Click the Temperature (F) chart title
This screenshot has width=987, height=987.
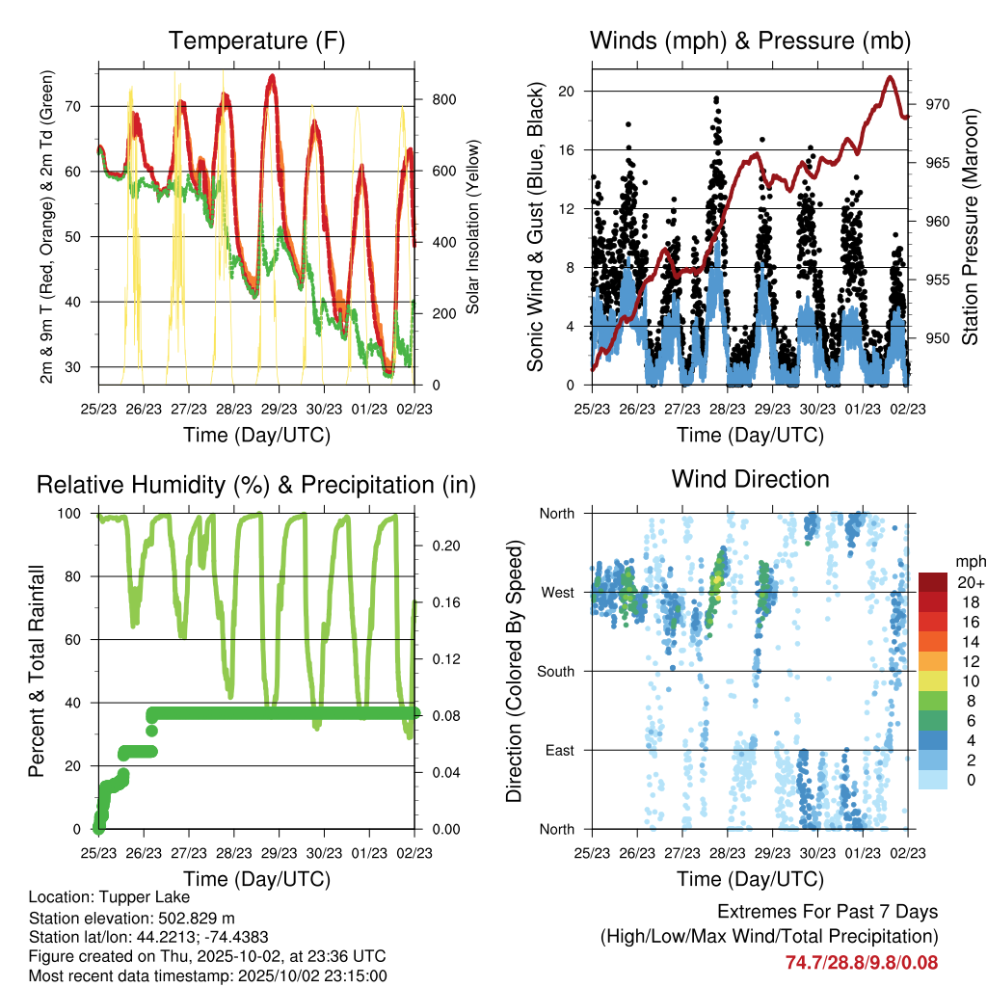256,41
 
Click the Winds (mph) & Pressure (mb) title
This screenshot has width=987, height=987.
751,41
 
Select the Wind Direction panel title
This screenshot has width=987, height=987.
750,479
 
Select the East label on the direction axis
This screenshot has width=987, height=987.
560,750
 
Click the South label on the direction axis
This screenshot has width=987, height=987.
556,671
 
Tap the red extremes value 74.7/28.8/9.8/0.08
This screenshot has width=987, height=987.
861,962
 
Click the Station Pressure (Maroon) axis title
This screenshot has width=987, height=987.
970,227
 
